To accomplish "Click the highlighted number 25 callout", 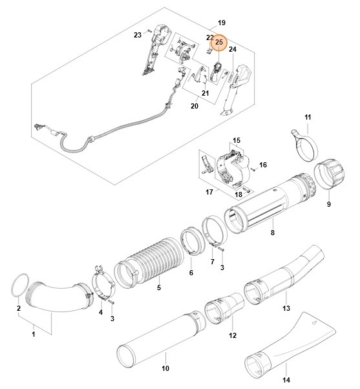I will click(x=219, y=43).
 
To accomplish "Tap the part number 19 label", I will click(x=222, y=23).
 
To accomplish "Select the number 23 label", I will click(x=138, y=35).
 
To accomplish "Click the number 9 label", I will click(x=328, y=204).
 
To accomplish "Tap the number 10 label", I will click(x=165, y=369).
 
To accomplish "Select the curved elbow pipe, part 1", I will click(x=55, y=297).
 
